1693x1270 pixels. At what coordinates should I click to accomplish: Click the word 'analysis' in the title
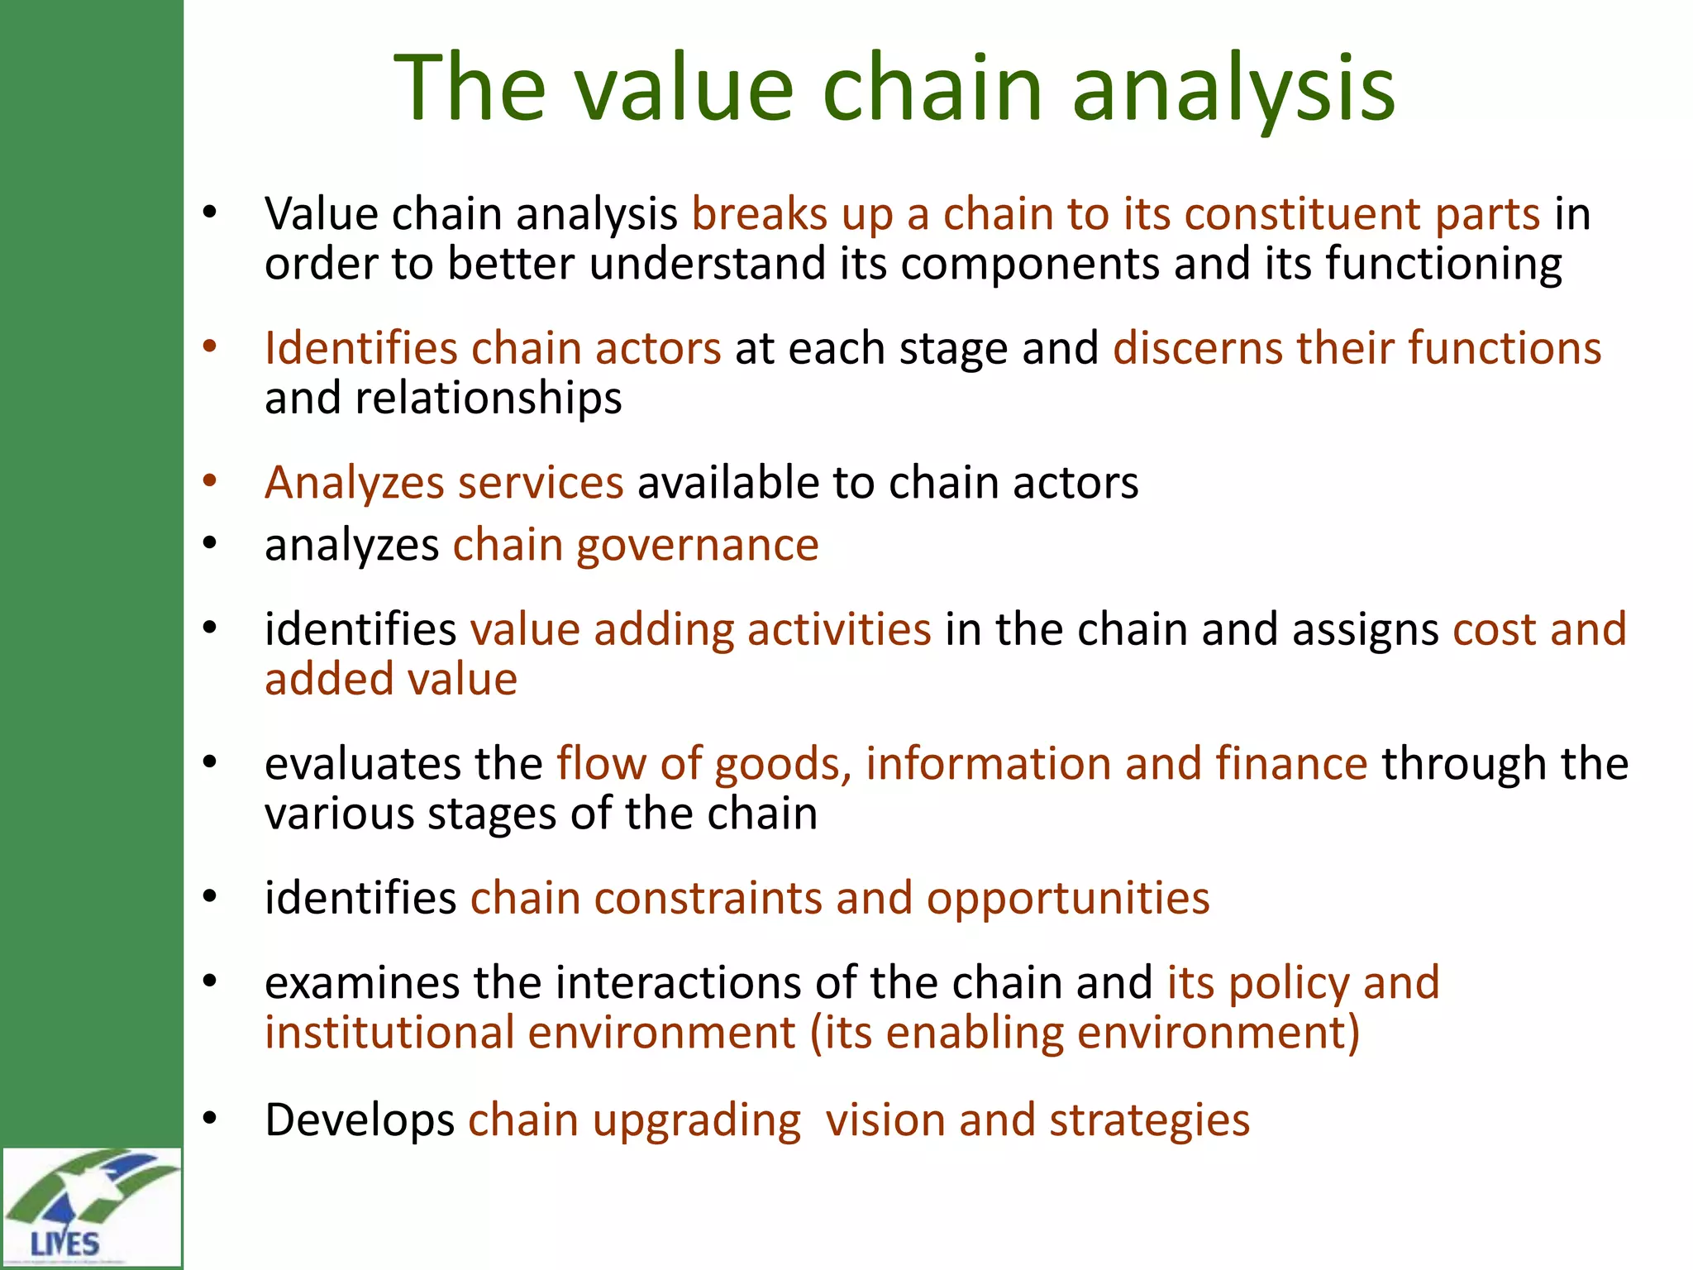pos(1233,88)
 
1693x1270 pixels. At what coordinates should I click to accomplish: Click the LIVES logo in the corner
pos(91,1207)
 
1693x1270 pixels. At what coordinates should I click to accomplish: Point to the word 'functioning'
pos(1443,265)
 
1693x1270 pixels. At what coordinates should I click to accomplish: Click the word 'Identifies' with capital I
pos(360,348)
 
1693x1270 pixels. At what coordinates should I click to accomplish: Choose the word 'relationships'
pos(488,399)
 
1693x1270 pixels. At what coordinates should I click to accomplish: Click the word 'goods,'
pos(782,764)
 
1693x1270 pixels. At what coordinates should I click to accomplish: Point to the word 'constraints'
pos(708,899)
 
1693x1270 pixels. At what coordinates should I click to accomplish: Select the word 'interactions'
pos(678,983)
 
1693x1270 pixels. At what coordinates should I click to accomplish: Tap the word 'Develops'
pos(360,1121)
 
